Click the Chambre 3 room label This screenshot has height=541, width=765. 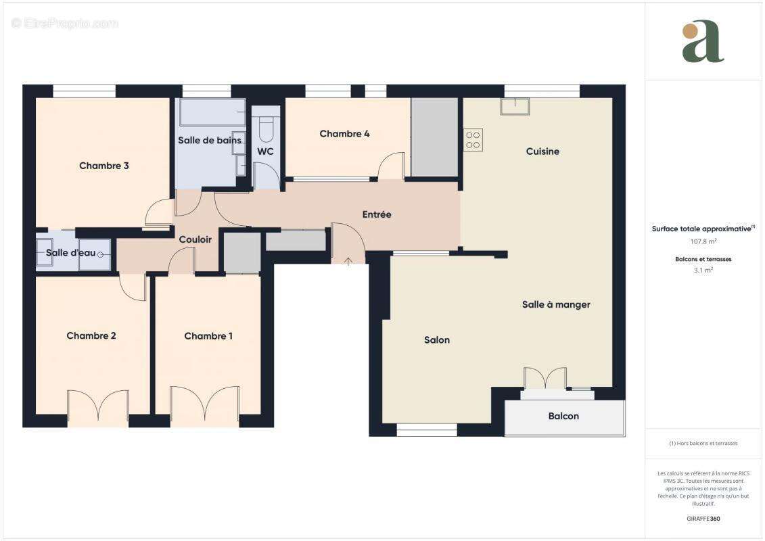(x=103, y=166)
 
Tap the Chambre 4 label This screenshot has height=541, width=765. (x=344, y=134)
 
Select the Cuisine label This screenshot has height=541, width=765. (x=542, y=151)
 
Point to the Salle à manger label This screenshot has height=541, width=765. (x=556, y=304)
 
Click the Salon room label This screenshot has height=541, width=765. (x=437, y=340)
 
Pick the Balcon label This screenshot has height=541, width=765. (x=563, y=416)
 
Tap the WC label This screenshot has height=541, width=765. (x=265, y=151)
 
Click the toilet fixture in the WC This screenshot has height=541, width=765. (x=266, y=126)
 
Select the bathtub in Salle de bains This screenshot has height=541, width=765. (x=212, y=112)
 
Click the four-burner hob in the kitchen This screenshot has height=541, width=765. (x=473, y=140)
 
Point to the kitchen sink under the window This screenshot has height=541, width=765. (x=515, y=106)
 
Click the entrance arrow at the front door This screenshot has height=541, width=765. (x=348, y=260)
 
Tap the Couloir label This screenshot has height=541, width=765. (x=195, y=239)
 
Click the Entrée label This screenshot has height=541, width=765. (x=377, y=214)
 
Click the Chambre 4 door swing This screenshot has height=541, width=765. (x=391, y=166)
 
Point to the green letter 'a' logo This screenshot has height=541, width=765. (x=703, y=42)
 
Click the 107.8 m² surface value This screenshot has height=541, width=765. (x=703, y=241)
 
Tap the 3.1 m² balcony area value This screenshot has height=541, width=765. (x=703, y=270)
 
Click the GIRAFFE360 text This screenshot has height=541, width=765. (x=703, y=519)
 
